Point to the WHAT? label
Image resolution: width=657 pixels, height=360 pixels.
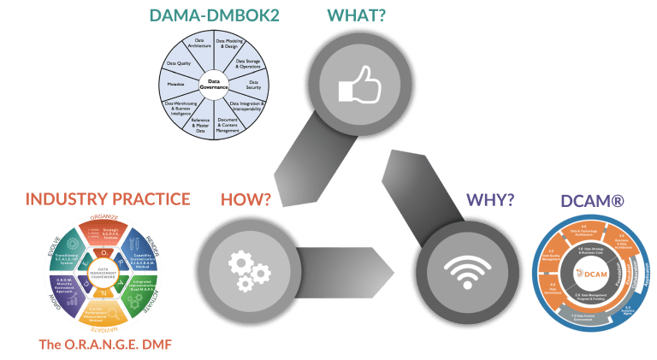[352, 15]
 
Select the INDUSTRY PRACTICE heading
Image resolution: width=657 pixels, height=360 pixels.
[107, 199]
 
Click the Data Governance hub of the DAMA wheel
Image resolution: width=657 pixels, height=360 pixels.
[214, 83]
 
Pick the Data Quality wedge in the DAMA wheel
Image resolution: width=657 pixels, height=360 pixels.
[179, 62]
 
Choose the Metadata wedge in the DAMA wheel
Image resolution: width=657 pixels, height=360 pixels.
[175, 84]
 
